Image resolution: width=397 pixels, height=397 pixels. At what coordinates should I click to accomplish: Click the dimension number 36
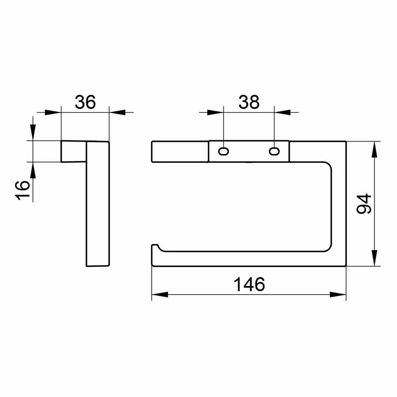tap(85, 102)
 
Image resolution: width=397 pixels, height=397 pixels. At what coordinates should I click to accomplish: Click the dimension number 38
tap(249, 102)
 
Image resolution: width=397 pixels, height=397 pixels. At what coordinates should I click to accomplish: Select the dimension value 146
tap(249, 285)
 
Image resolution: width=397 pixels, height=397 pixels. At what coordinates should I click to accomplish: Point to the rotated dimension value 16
tap(22, 191)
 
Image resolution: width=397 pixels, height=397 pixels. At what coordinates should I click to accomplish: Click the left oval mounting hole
tap(224, 151)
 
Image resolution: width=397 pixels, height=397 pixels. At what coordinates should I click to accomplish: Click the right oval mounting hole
tap(274, 151)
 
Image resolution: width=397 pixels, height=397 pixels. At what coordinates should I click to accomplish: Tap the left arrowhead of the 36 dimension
tap(53, 112)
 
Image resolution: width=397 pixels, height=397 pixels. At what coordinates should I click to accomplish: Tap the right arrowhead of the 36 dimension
tap(117, 112)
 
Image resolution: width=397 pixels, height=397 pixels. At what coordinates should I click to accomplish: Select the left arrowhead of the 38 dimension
tap(215, 112)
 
